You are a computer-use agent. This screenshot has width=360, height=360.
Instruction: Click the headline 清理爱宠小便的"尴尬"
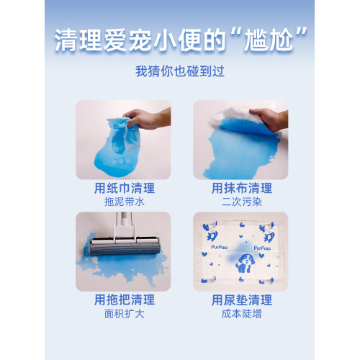[181, 40]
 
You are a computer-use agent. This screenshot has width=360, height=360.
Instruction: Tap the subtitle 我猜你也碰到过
[180, 71]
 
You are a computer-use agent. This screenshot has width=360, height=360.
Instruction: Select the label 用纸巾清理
[125, 188]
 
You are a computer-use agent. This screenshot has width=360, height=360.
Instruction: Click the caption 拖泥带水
[125, 202]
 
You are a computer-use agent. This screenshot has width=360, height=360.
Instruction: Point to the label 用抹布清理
[242, 188]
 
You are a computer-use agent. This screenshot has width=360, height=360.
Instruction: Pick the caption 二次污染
[242, 202]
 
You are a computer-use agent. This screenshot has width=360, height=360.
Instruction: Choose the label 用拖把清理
[125, 300]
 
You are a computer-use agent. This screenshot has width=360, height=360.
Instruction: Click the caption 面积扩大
[125, 314]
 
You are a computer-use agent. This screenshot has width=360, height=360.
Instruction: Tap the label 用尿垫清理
[242, 300]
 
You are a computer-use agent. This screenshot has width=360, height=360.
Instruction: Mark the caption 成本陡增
[242, 314]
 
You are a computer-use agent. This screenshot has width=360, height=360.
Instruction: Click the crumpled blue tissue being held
[123, 135]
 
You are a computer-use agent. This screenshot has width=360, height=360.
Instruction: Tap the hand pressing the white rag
[269, 119]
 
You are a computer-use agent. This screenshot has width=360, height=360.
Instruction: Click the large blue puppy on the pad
[244, 264]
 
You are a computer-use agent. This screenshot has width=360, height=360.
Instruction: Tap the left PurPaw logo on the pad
[220, 247]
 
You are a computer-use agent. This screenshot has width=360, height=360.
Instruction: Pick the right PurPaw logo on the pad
[262, 248]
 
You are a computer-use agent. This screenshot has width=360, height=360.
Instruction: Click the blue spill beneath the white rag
[240, 153]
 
